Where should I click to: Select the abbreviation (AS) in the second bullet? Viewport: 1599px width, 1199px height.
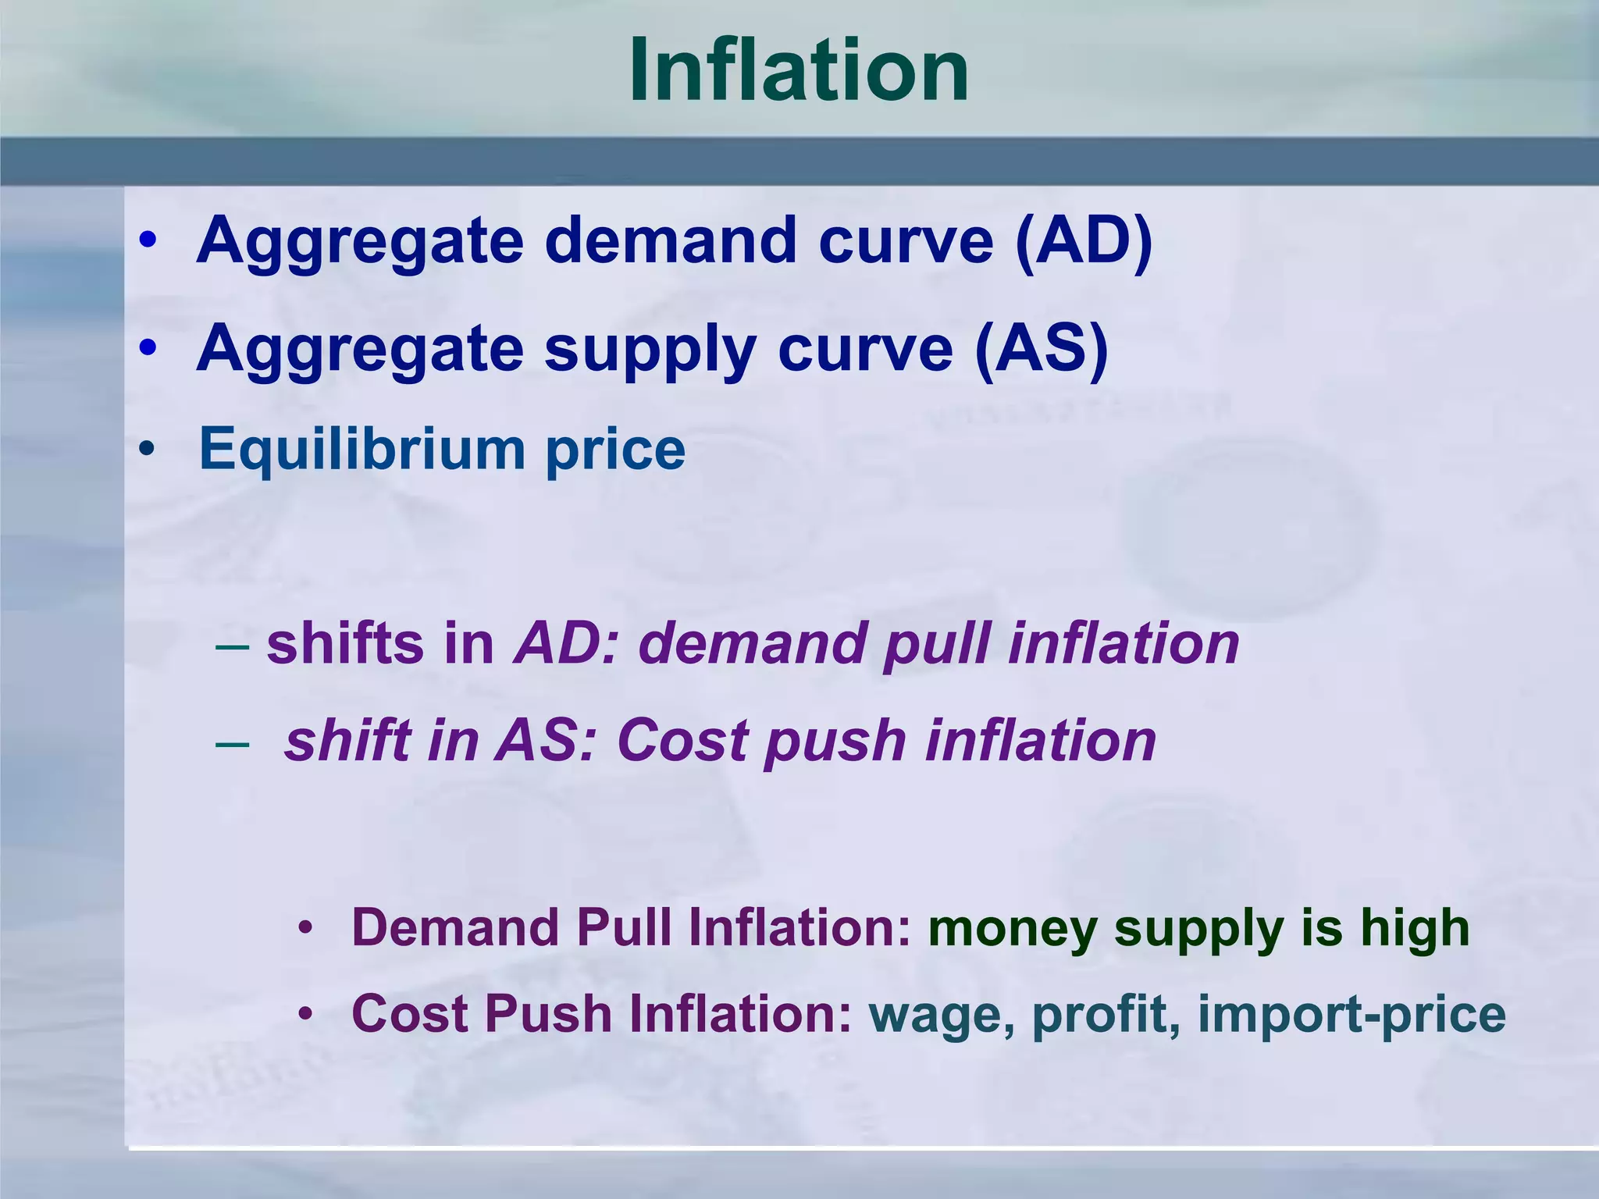coord(1042,348)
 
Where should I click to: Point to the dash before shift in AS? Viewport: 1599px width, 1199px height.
coord(232,742)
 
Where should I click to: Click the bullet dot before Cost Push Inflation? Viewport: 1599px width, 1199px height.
coord(306,1014)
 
